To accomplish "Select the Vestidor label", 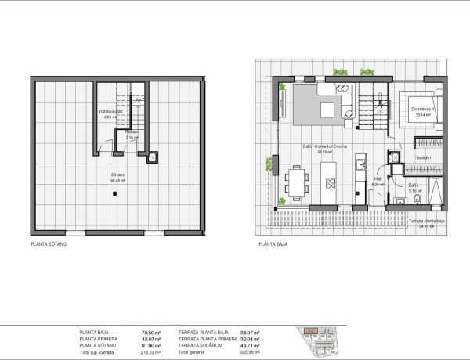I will click(424, 157).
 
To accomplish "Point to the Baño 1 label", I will click(415, 185).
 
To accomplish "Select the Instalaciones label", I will click(110, 112).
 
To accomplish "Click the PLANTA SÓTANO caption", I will click(48, 245).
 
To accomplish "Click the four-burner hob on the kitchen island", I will click(331, 185).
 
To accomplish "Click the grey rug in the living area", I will click(323, 105).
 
